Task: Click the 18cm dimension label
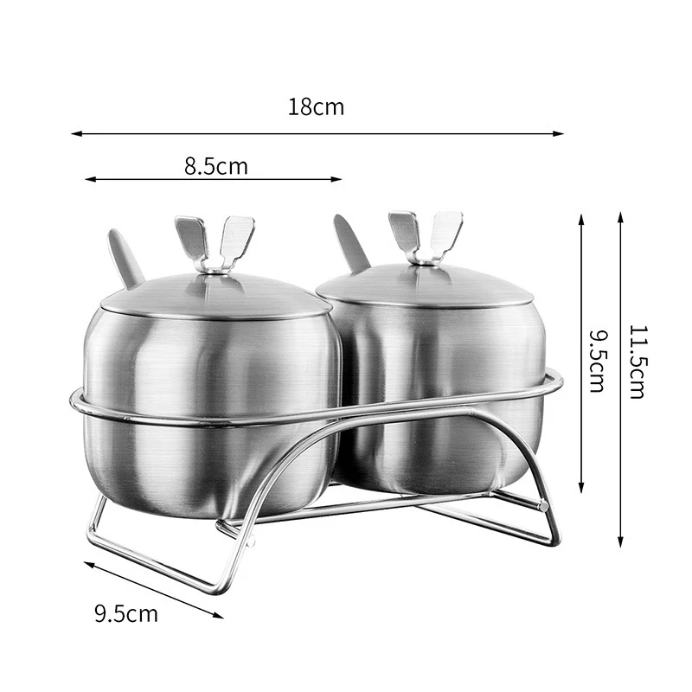tap(316, 107)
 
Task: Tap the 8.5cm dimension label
tap(215, 166)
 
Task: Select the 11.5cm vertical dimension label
tap(638, 362)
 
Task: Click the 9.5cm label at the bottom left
tap(126, 614)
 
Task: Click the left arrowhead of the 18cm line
tap(76, 133)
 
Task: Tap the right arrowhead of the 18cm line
tap(558, 133)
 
